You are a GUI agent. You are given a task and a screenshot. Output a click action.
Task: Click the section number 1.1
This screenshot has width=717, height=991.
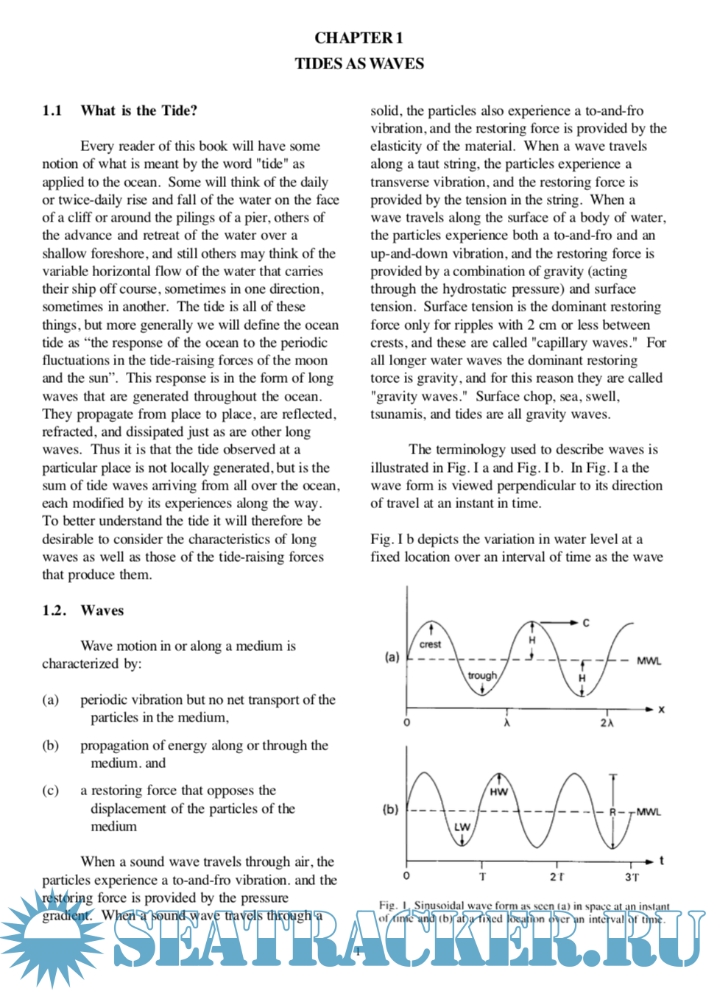(52, 110)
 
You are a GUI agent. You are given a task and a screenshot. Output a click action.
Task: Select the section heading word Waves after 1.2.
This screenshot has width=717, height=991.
(102, 610)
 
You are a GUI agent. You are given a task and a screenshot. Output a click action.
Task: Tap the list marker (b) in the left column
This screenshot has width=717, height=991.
(50, 746)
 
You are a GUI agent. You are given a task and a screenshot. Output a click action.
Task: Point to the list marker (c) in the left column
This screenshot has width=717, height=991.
(50, 791)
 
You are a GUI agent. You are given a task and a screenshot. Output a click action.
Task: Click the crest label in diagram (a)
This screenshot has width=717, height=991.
(430, 644)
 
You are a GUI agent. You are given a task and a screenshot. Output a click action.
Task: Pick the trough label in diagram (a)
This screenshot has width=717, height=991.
(482, 675)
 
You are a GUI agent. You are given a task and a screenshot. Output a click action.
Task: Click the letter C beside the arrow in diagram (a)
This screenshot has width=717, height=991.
(586, 623)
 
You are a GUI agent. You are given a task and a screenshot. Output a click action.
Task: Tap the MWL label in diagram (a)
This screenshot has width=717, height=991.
(649, 661)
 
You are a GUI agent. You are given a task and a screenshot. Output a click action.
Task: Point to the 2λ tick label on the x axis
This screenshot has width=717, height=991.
(607, 723)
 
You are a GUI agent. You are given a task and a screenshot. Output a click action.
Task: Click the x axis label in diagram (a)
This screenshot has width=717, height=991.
(661, 709)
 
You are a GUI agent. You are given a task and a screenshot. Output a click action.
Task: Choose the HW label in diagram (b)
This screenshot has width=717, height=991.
(498, 792)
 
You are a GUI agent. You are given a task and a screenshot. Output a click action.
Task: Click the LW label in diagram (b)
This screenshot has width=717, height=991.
(462, 827)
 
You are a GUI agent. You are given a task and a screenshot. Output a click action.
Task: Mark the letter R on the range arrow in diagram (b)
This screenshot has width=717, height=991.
(612, 811)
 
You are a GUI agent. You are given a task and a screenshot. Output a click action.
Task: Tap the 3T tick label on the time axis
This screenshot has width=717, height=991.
(632, 877)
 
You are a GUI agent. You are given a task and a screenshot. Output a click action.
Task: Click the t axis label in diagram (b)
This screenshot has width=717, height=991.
(661, 860)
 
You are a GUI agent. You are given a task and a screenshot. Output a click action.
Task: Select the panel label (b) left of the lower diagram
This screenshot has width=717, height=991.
(390, 809)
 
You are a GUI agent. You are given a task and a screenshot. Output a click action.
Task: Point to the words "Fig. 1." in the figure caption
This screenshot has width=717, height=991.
(393, 905)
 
